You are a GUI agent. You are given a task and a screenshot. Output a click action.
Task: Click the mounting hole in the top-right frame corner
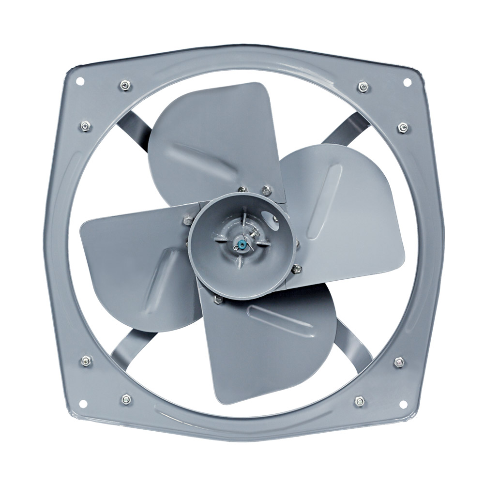pos(407,82)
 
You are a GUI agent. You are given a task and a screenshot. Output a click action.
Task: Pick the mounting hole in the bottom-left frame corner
pos(82,403)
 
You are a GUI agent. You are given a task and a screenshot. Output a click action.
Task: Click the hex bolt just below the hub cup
pos(218,301)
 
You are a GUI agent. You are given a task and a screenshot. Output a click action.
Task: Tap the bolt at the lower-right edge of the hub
pos(297,268)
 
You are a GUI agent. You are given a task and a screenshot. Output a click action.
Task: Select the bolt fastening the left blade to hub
pos(187,221)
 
